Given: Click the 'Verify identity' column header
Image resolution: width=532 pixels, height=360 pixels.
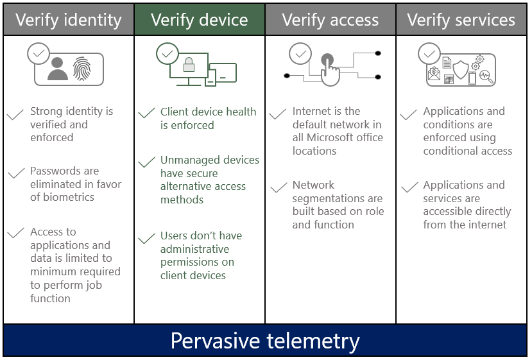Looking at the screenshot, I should coord(68,20).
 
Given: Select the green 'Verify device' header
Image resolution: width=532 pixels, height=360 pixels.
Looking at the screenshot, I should coord(200,20).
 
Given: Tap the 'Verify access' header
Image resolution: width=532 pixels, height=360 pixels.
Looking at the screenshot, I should coord(330,20).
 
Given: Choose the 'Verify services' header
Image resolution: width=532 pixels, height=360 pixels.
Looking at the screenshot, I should coord(462,20).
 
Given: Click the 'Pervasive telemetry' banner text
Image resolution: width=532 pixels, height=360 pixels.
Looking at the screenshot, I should coord(265,340).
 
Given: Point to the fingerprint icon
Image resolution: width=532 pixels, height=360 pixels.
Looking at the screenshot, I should coord(82,69).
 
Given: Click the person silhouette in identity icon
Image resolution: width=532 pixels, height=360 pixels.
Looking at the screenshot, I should coord(57,69).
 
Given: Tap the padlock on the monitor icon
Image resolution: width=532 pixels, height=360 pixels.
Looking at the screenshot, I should coord(189,65).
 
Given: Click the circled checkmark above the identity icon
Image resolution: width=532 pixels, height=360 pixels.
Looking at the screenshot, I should coord(39,54).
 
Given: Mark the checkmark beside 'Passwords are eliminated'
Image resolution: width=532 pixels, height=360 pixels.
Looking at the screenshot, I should coord(15,174).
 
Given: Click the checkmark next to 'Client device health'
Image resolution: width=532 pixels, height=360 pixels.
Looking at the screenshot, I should coord(146,114).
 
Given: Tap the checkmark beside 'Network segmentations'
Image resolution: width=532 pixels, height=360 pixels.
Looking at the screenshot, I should coord(278,187).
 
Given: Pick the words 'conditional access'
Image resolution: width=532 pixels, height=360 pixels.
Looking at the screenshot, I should coord(467,151).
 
